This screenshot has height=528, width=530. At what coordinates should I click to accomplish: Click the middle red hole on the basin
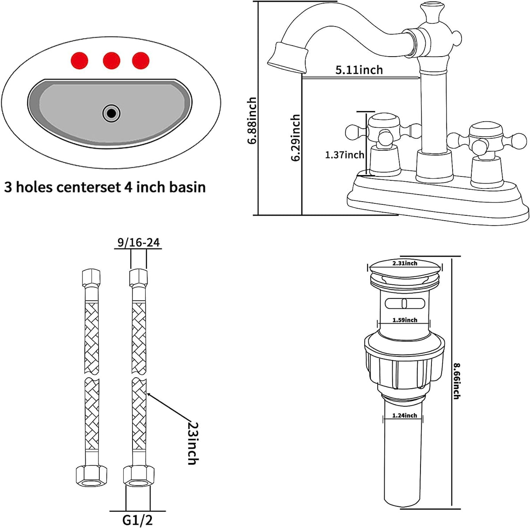[x=111, y=60]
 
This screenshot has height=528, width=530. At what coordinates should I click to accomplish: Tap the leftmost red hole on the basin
[x=80, y=60]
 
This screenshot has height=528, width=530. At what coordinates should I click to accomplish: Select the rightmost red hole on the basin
[x=141, y=60]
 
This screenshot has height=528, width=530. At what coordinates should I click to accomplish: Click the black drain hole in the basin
[x=111, y=113]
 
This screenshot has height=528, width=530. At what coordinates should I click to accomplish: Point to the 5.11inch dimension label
[x=359, y=70]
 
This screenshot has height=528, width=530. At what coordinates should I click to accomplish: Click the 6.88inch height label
[x=252, y=121]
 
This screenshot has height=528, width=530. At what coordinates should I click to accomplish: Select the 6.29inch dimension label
[x=295, y=138]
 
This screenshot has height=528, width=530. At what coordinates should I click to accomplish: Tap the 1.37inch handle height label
[x=344, y=155]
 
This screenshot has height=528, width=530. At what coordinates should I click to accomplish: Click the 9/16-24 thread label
[x=138, y=242]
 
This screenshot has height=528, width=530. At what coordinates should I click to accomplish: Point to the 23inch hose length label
[x=192, y=442]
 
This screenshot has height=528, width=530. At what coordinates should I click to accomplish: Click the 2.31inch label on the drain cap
[x=405, y=264]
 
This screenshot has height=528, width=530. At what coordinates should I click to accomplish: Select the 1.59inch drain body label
[x=405, y=320]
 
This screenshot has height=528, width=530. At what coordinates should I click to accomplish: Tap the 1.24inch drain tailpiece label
[x=405, y=415]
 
